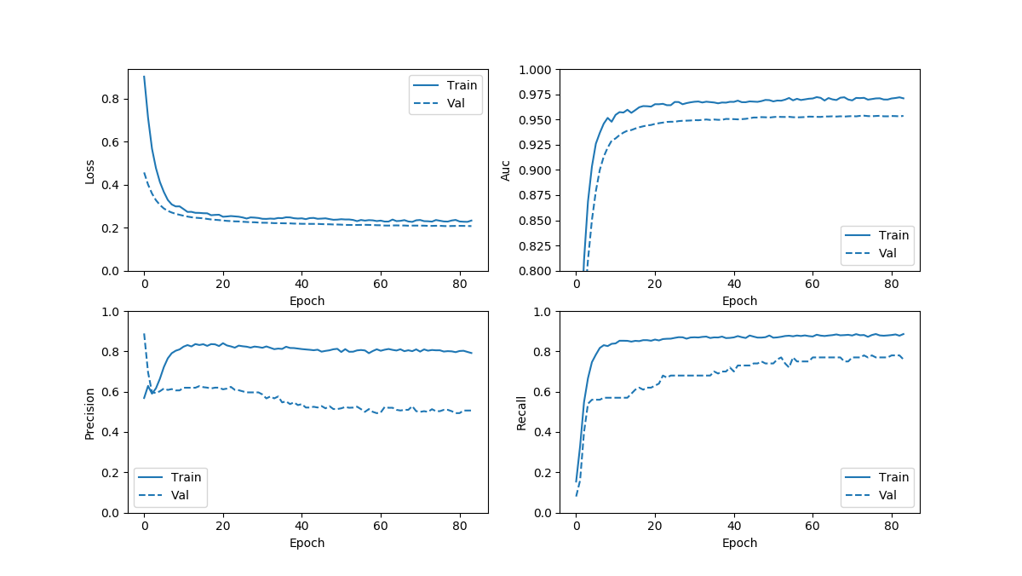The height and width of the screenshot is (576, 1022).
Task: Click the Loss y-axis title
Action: coord(90,170)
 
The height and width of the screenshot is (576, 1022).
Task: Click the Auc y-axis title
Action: coord(506,170)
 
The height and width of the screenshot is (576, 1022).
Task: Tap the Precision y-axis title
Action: coord(90,412)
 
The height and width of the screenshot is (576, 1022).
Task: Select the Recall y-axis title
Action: coord(522,412)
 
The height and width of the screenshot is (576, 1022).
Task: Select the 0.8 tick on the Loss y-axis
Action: coord(112,99)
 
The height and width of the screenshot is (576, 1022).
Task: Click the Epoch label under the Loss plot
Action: coord(307,301)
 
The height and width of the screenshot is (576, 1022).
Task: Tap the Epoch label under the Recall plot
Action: coord(739,543)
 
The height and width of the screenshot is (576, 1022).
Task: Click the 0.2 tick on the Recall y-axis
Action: coord(543,473)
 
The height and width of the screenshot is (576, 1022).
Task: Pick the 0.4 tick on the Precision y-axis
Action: coord(112,433)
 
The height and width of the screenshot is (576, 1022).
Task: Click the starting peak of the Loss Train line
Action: coord(144,77)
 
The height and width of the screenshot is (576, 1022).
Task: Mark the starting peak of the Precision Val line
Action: coord(144,334)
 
